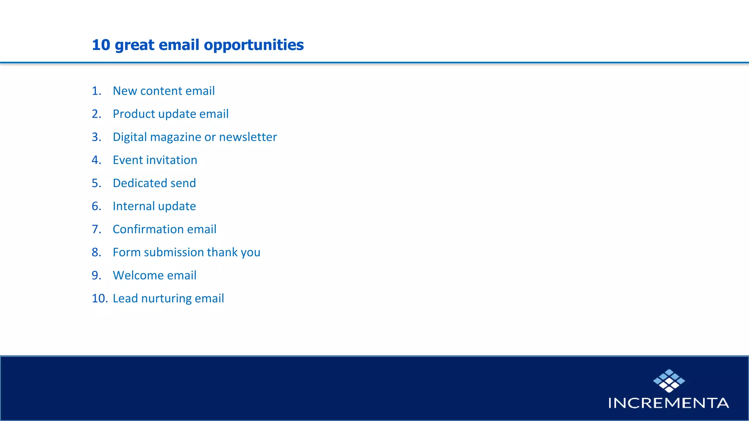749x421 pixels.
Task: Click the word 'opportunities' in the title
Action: pyautogui.click(x=253, y=45)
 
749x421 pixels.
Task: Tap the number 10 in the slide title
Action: pyautogui.click(x=101, y=45)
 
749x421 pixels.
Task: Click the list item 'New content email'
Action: pyautogui.click(x=163, y=91)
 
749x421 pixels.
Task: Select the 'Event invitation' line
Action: pyautogui.click(x=155, y=160)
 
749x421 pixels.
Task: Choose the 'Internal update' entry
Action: pyautogui.click(x=154, y=206)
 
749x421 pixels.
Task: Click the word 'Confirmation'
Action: pyautogui.click(x=148, y=229)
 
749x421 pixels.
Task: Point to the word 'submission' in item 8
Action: pyautogui.click(x=173, y=252)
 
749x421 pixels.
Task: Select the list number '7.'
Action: pyautogui.click(x=96, y=229)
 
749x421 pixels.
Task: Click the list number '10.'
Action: pyautogui.click(x=99, y=299)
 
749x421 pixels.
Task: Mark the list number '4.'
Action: pyautogui.click(x=96, y=160)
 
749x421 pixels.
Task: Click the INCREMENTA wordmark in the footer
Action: pyautogui.click(x=668, y=403)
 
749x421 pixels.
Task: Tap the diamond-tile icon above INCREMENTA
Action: pyautogui.click(x=669, y=380)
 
